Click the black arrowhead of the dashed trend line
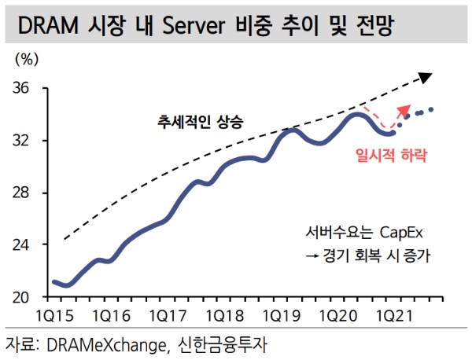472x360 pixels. tap(426, 76)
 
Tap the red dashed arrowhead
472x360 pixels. tap(405, 109)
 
